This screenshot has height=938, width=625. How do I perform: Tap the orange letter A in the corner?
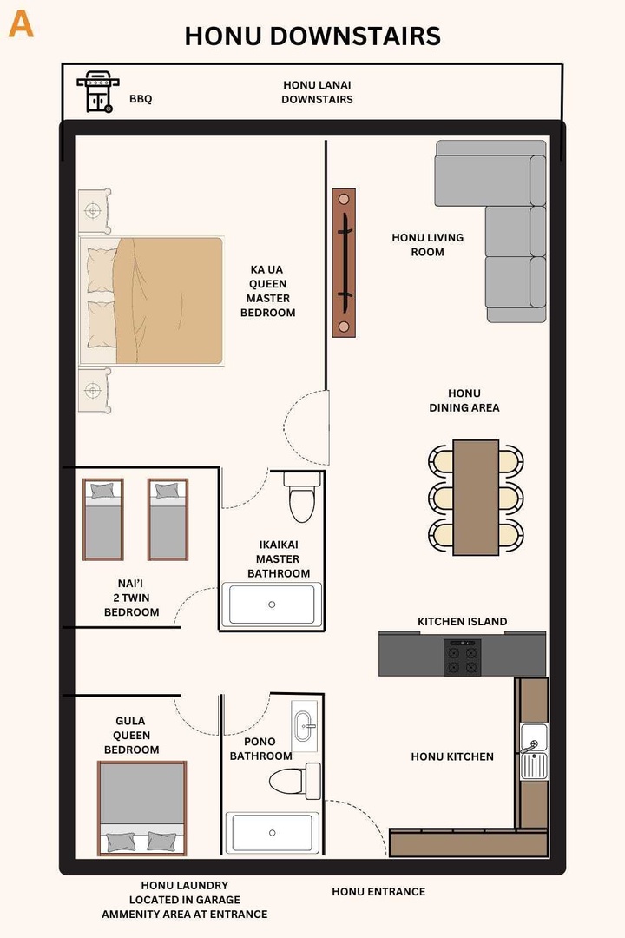click(x=21, y=24)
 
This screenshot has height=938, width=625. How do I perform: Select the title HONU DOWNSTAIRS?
click(x=312, y=36)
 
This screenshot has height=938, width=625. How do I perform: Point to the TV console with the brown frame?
click(x=344, y=263)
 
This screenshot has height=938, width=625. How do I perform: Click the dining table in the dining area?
click(x=476, y=497)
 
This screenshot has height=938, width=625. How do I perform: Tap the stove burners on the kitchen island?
click(x=462, y=657)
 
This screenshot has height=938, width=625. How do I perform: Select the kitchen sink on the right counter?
click(x=533, y=751)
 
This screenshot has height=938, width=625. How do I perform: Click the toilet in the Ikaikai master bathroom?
click(x=301, y=498)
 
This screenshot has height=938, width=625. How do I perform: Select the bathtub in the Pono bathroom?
click(x=273, y=833)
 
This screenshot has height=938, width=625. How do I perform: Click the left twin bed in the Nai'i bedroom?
click(x=102, y=519)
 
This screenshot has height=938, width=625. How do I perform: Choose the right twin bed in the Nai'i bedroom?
click(x=168, y=519)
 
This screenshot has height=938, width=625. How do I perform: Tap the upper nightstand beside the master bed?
click(x=94, y=211)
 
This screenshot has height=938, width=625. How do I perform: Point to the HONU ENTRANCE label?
click(x=378, y=891)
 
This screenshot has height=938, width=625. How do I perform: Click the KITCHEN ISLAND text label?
click(x=462, y=622)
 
